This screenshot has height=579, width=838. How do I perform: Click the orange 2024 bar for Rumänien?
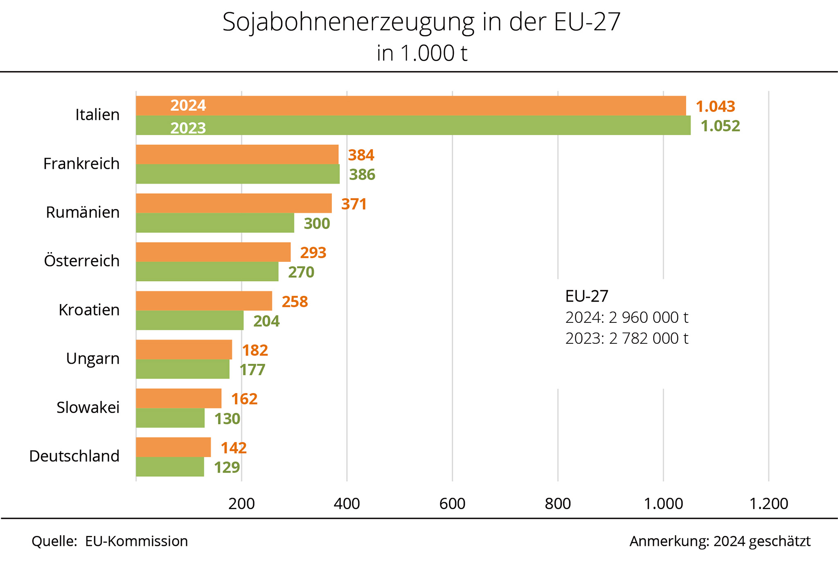[234, 203]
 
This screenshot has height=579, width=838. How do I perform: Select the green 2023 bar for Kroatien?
[189, 320]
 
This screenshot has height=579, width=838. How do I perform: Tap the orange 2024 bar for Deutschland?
[173, 447]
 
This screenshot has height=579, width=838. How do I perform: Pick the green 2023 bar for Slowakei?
[170, 418]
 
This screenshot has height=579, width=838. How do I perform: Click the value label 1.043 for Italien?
[715, 106]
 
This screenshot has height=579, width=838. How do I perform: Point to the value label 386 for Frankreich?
[362, 175]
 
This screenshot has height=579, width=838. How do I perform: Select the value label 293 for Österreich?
[313, 252]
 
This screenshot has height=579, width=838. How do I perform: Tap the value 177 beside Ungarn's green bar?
[252, 370]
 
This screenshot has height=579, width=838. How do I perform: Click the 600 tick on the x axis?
[452, 504]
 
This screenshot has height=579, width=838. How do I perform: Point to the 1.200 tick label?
[768, 504]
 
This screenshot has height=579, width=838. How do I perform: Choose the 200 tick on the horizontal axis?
[241, 504]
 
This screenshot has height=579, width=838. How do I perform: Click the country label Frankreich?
[81, 164]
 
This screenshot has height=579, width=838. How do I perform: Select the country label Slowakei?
[88, 408]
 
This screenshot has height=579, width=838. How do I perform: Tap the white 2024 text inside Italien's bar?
[188, 106]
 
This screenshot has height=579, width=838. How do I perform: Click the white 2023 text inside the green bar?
[188, 128]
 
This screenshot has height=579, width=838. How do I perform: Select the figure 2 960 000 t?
[649, 317]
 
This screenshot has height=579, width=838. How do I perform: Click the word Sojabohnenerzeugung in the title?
[348, 22]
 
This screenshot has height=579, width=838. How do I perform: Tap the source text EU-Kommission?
[136, 541]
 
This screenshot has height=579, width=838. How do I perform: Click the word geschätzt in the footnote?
[779, 541]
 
